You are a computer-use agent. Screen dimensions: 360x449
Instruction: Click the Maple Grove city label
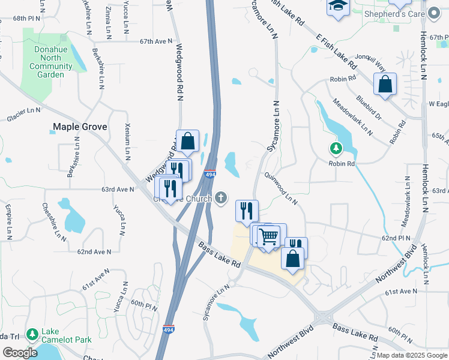[80, 127]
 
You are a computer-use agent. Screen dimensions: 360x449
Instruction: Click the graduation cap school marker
[337, 7]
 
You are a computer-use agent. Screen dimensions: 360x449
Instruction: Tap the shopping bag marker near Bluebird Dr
[385, 84]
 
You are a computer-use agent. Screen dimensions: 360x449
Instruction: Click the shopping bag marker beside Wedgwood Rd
[187, 142]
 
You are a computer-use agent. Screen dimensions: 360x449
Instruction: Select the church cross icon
[221, 197]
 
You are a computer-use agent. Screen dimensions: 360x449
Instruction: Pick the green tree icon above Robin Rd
[336, 148]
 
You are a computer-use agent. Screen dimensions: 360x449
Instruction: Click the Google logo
[20, 352]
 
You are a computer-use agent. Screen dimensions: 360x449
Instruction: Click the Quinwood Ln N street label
[282, 188]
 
